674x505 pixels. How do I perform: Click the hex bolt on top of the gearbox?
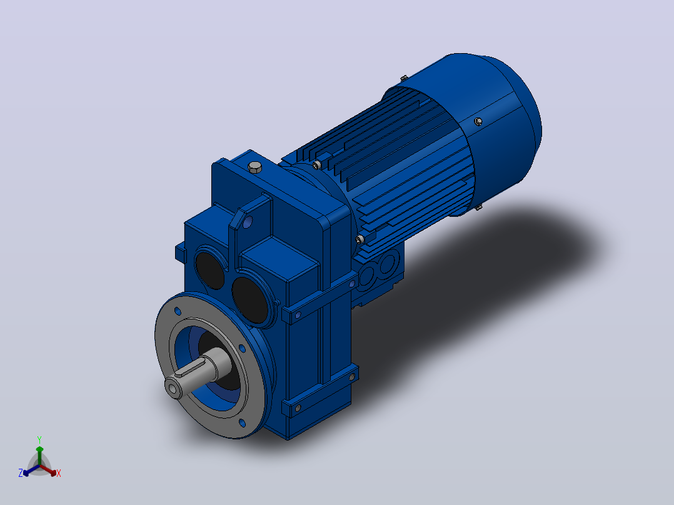pos(255,167)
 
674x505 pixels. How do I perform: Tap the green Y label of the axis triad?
pos(39,439)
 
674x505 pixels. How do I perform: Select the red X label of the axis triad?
pos(59,473)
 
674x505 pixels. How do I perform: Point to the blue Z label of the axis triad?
pos(21,472)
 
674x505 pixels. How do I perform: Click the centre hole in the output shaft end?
pos(173,389)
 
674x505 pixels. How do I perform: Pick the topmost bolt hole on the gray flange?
pos(178,310)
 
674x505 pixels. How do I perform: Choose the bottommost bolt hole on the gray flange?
pos(243,423)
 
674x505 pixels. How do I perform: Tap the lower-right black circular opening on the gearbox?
pos(250,300)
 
